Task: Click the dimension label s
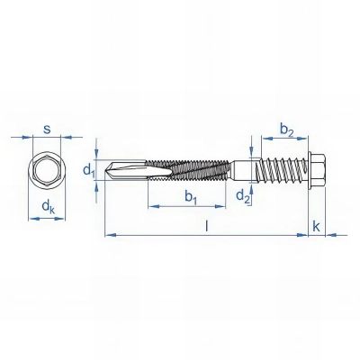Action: (45, 127)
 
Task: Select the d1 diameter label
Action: (87, 169)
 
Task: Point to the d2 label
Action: (241, 197)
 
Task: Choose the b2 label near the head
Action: (285, 131)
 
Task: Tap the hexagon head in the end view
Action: (45, 171)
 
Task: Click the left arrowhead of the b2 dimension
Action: (265, 139)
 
